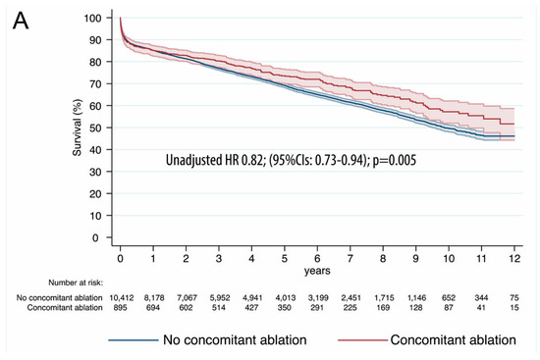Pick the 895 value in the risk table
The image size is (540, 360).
pos(120,309)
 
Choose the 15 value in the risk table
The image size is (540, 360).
pos(514,309)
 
